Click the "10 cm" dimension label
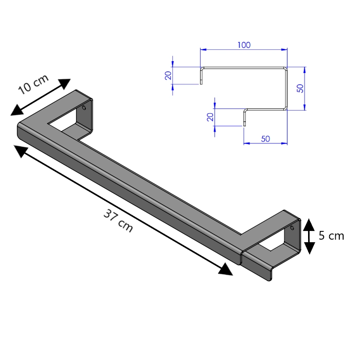tap(33, 84)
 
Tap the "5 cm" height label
tap(331, 236)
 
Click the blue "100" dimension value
tap(244, 45)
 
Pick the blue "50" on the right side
tap(300, 88)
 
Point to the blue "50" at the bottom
tap(265, 139)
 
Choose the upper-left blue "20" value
tap(168, 76)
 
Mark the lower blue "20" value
tap(210, 117)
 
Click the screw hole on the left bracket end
tap(84, 107)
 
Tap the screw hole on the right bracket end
tap(292, 228)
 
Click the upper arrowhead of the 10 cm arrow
tap(64, 83)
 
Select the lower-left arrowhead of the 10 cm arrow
tap(17, 110)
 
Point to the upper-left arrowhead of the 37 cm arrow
tap(21, 151)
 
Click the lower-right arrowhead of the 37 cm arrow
tap(226, 269)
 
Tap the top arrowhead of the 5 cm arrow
tap(309, 225)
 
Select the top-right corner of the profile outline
tap(286, 68)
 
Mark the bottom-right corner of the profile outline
tap(286, 109)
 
